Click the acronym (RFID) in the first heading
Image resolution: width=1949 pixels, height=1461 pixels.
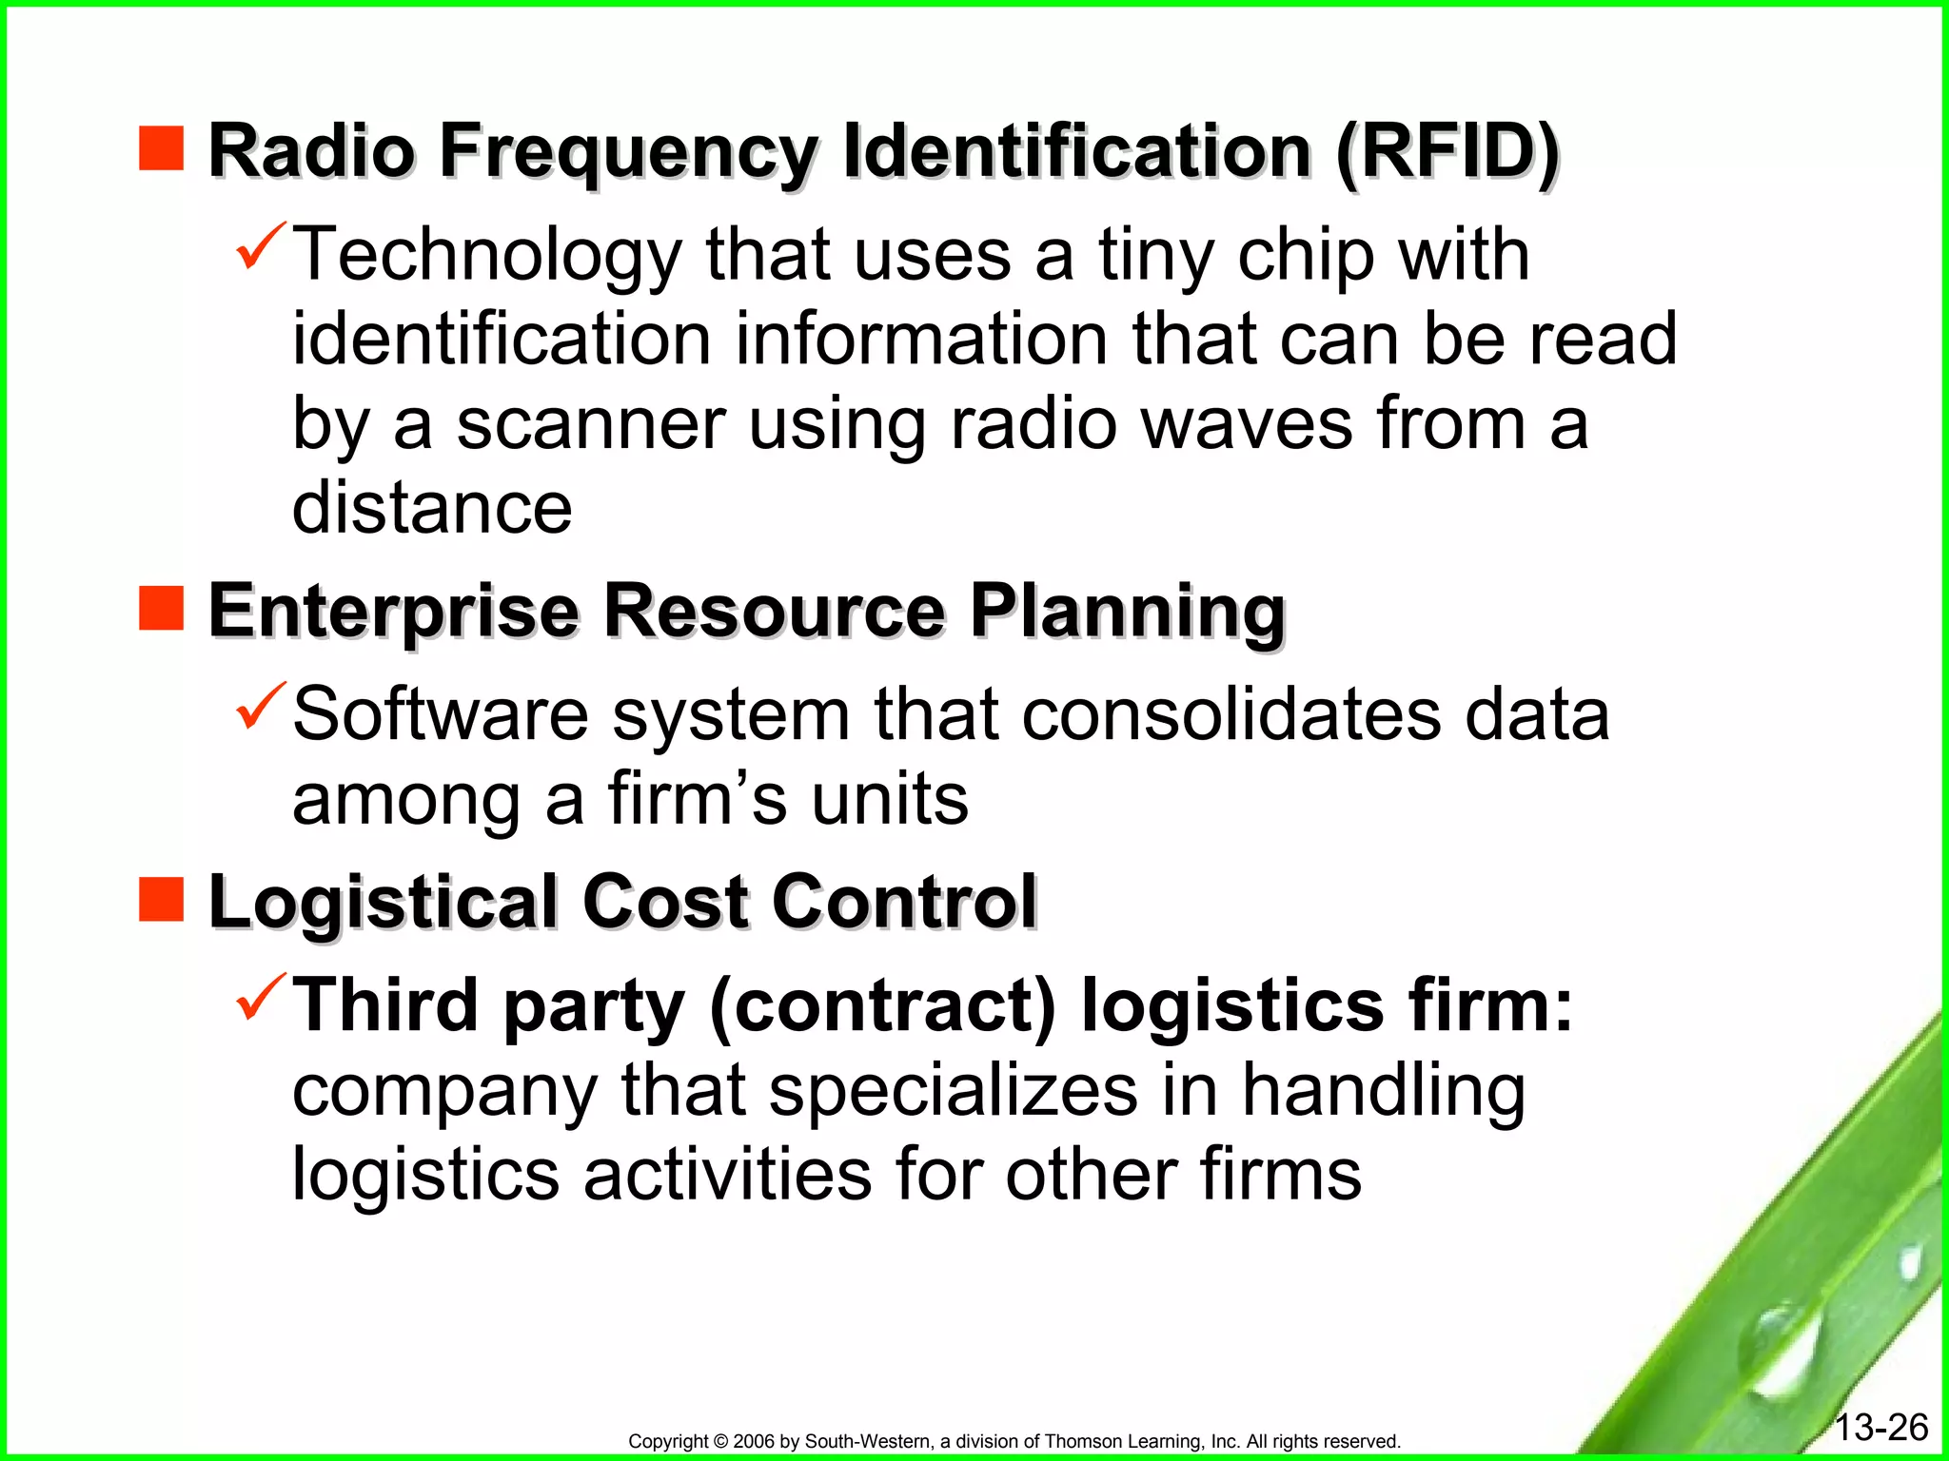click(1447, 152)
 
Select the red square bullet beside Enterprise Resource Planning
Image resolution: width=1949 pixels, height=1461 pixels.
click(161, 608)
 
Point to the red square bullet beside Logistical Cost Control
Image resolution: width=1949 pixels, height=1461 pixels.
click(161, 899)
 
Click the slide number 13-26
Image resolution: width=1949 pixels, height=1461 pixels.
click(1880, 1427)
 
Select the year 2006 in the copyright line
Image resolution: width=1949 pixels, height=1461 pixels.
click(755, 1441)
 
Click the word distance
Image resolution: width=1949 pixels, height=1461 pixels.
click(432, 507)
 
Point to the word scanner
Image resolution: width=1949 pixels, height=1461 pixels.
click(591, 424)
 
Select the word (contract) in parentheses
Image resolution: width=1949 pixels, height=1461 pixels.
click(883, 1005)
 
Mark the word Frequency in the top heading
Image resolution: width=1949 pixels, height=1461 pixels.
click(628, 152)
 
